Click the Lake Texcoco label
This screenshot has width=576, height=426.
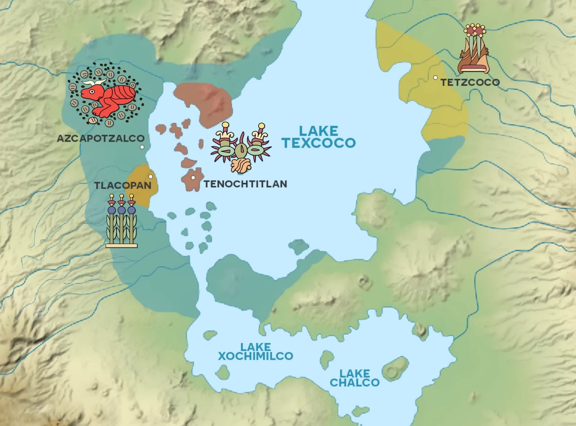pos(318,137)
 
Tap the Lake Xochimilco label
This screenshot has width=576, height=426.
pos(255,352)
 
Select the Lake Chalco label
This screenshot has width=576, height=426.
pos(354,378)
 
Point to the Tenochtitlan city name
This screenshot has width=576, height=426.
pos(245,184)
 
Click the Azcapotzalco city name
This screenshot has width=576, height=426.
pos(100,138)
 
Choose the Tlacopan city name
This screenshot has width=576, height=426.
pos(122,185)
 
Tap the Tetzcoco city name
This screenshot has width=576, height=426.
pos(470,82)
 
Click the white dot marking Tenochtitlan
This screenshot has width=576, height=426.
pos(193,178)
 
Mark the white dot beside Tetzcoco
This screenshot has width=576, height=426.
pos(435,78)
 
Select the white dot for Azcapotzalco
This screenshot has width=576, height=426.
pos(142,147)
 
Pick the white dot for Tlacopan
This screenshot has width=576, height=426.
pos(150,176)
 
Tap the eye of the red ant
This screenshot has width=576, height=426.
pos(92,92)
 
